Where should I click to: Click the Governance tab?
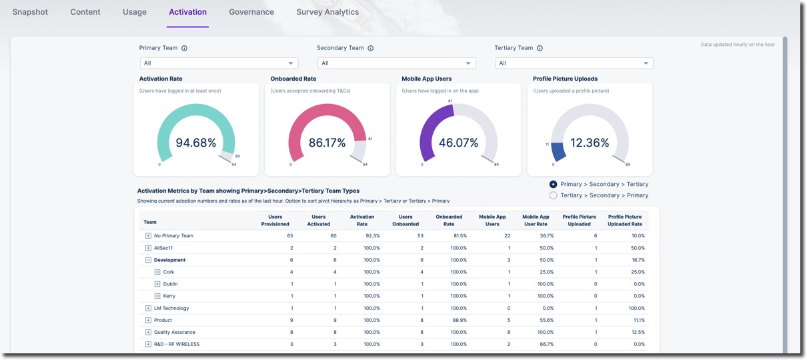coord(251,12)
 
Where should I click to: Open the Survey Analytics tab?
coord(327,12)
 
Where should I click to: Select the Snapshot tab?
coord(30,12)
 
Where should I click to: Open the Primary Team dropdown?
coord(219,63)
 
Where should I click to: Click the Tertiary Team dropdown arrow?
coord(646,63)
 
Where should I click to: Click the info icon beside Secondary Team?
coord(371,48)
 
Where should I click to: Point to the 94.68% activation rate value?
coord(195,143)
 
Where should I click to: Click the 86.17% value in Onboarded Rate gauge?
coord(327,143)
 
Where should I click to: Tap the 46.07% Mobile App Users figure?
coord(458,143)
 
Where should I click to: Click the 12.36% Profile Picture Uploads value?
coord(590,143)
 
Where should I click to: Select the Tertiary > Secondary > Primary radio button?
coord(553,195)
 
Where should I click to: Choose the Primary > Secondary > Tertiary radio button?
coord(553,184)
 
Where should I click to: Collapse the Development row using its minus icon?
coord(149,260)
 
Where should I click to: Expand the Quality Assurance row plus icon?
coord(149,332)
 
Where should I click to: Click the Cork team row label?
coord(169,272)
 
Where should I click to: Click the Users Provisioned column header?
coord(275,220)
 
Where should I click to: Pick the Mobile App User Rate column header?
coord(535,220)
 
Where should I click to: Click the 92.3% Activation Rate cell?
coord(372,236)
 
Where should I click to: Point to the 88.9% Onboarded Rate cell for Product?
coord(459,320)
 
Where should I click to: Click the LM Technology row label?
coord(171,308)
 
